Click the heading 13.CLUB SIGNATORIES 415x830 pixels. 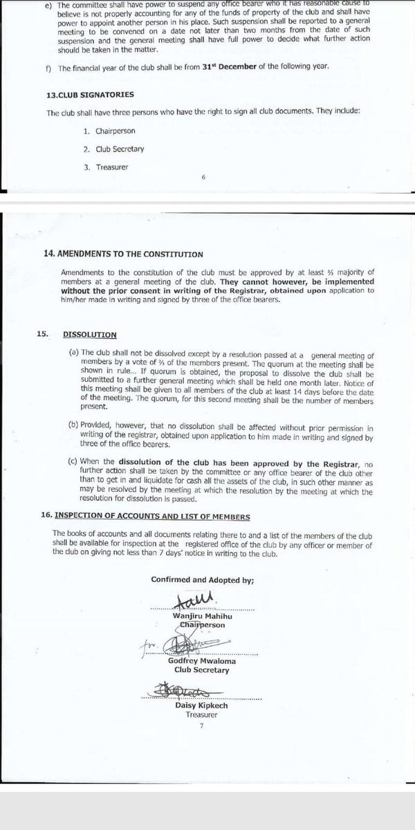pyautogui.click(x=89, y=93)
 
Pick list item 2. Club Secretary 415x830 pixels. pyautogui.click(x=110, y=148)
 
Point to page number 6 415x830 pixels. pyautogui.click(x=203, y=178)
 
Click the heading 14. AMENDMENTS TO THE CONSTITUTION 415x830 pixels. pyautogui.click(x=124, y=254)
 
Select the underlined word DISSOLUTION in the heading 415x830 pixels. pyautogui.click(x=89, y=334)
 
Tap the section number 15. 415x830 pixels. pyautogui.click(x=43, y=334)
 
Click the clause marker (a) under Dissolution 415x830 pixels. pyautogui.click(x=74, y=353)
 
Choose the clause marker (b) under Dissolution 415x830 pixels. pyautogui.click(x=74, y=430)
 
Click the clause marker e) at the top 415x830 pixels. pyautogui.click(x=43, y=6)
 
